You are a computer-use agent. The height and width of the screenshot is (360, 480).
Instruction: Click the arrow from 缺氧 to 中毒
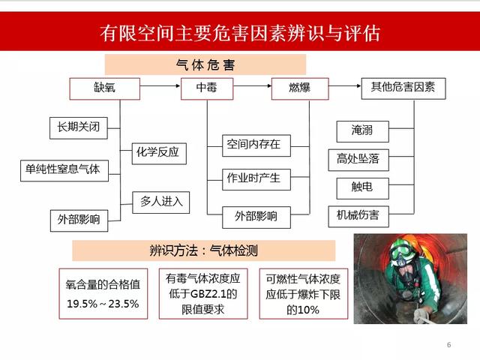tap(160, 85)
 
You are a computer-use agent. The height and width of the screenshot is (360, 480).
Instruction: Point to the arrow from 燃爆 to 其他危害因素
tap(345, 85)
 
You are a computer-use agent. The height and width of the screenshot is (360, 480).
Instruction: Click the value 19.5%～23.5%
tap(103, 304)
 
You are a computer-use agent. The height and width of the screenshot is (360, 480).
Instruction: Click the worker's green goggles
tap(401, 253)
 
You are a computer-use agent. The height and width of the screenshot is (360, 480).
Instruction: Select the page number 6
tap(448, 345)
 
